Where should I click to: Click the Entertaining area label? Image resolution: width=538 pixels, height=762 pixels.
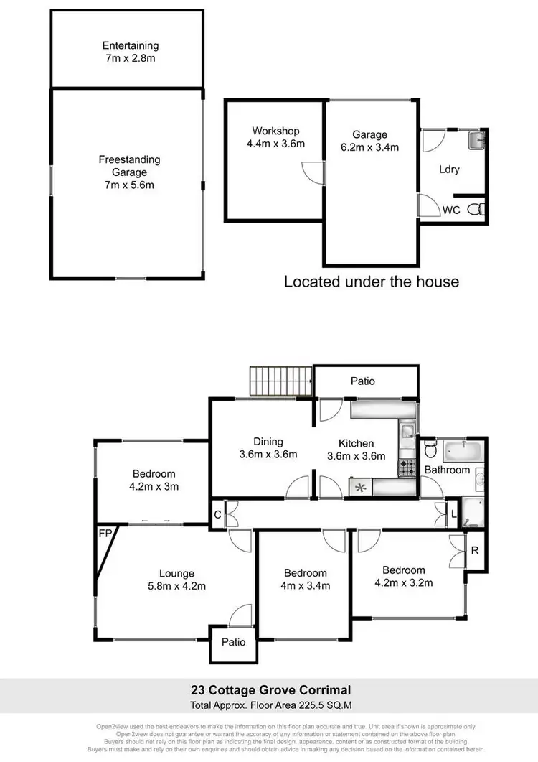click(130, 46)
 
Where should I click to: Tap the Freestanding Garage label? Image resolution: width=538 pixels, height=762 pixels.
click(129, 172)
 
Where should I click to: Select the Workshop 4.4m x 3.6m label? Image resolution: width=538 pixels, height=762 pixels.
click(275, 137)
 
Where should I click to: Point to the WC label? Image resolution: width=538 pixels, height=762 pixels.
click(450, 210)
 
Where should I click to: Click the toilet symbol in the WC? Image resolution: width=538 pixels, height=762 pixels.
click(476, 209)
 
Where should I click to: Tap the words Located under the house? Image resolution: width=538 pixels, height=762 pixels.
click(372, 281)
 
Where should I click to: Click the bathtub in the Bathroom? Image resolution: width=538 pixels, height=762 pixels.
click(463, 452)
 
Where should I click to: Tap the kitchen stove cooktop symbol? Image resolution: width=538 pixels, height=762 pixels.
click(407, 468)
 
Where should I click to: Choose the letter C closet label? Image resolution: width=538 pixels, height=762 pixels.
click(217, 514)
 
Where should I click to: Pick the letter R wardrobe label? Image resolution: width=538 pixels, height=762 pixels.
click(474, 551)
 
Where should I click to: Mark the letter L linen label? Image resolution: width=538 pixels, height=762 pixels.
click(453, 514)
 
